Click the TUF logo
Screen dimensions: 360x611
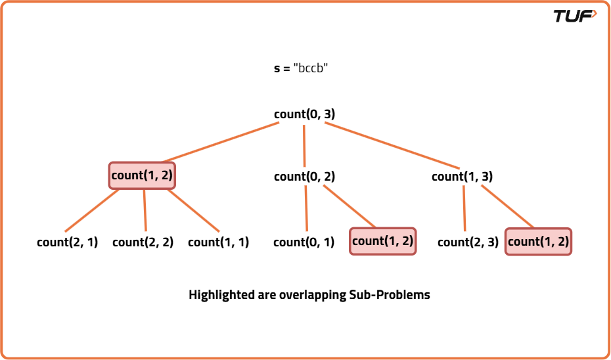575,16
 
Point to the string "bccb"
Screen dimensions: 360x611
310,68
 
